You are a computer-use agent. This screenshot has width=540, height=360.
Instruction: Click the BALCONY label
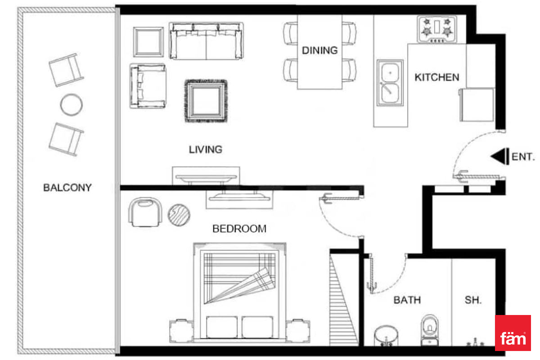tap(67, 188)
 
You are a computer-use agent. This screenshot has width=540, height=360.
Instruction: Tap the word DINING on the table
tap(319, 50)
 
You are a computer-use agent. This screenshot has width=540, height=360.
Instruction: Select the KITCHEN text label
tap(437, 77)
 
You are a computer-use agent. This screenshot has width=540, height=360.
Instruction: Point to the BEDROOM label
tap(239, 229)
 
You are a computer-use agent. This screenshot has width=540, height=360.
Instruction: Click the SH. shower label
tap(473, 300)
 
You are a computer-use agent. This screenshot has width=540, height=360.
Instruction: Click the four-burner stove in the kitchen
tap(437, 29)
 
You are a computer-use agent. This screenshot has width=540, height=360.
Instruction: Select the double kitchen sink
tap(390, 83)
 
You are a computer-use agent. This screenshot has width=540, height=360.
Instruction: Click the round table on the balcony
tap(72, 105)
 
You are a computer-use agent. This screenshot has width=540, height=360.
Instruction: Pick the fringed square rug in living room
tap(206, 101)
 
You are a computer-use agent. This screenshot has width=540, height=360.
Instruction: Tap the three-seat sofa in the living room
tap(206, 41)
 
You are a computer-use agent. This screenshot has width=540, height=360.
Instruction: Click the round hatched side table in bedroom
tap(179, 215)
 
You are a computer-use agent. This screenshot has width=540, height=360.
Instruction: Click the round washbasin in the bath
tap(386, 336)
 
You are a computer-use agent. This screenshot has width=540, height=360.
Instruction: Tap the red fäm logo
tap(513, 333)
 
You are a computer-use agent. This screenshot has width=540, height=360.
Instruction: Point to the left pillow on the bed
tap(222, 327)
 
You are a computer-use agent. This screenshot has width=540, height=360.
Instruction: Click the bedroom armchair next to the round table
tap(145, 212)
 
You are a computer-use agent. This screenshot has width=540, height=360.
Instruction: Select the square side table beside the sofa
tap(148, 42)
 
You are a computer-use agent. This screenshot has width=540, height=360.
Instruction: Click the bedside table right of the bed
tap(298, 331)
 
